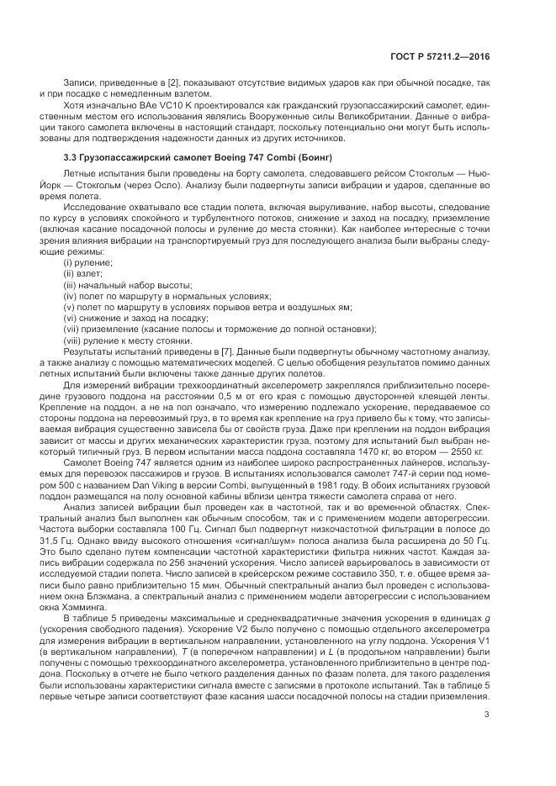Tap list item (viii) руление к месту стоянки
pos(121,340)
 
